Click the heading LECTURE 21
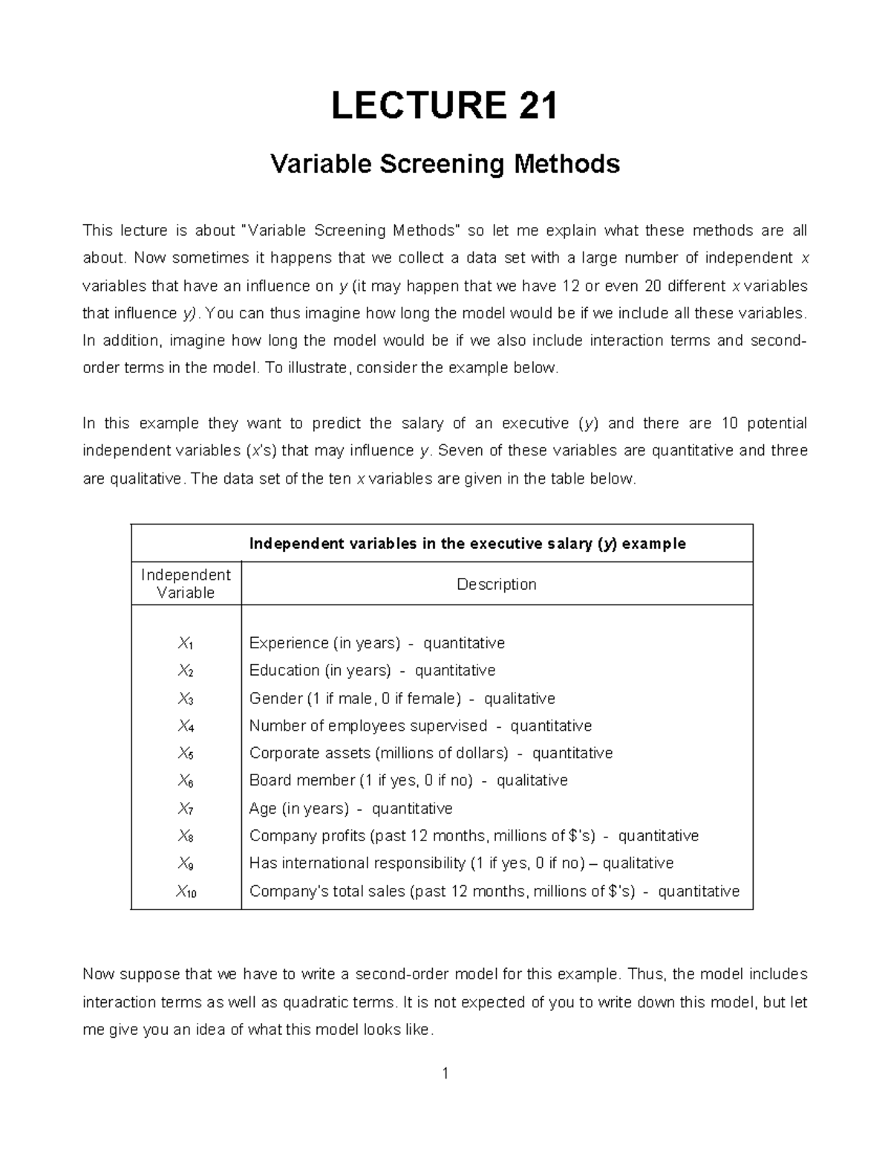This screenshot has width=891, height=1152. click(x=444, y=105)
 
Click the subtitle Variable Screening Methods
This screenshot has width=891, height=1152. click(x=445, y=163)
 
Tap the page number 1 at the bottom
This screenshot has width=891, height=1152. click(x=445, y=1073)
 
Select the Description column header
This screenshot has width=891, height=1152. click(x=496, y=585)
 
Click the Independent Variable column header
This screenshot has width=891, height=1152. click(x=186, y=584)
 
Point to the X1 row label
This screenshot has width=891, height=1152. click(x=186, y=643)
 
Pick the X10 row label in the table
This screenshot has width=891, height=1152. click(x=186, y=892)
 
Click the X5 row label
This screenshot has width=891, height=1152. click(x=186, y=754)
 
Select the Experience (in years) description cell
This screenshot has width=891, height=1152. click(x=376, y=643)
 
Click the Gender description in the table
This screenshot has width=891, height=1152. click(x=402, y=699)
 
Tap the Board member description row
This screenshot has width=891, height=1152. click(x=408, y=780)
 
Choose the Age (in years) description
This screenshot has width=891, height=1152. click(x=350, y=809)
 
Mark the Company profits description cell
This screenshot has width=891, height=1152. click(x=474, y=836)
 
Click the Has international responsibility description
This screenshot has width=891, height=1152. click(x=461, y=863)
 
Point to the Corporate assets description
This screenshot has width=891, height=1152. click(x=431, y=754)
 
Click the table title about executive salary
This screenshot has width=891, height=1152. click(x=467, y=544)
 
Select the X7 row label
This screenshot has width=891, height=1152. click(x=186, y=809)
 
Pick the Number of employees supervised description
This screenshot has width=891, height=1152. click(x=420, y=726)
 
